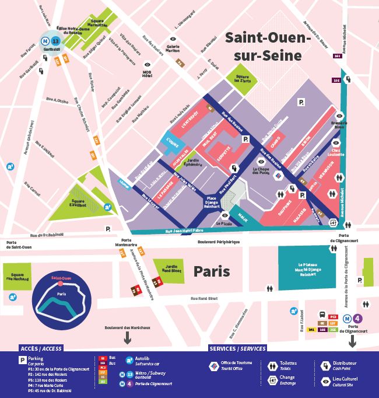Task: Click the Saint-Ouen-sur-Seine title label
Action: click(x=265, y=46)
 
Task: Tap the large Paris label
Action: click(x=212, y=271)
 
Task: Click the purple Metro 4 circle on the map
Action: click(x=357, y=319)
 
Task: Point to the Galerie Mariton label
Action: click(x=173, y=48)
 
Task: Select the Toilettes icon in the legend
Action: click(x=273, y=366)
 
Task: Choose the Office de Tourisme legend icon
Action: click(x=215, y=366)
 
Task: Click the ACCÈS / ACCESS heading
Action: click(x=41, y=348)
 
